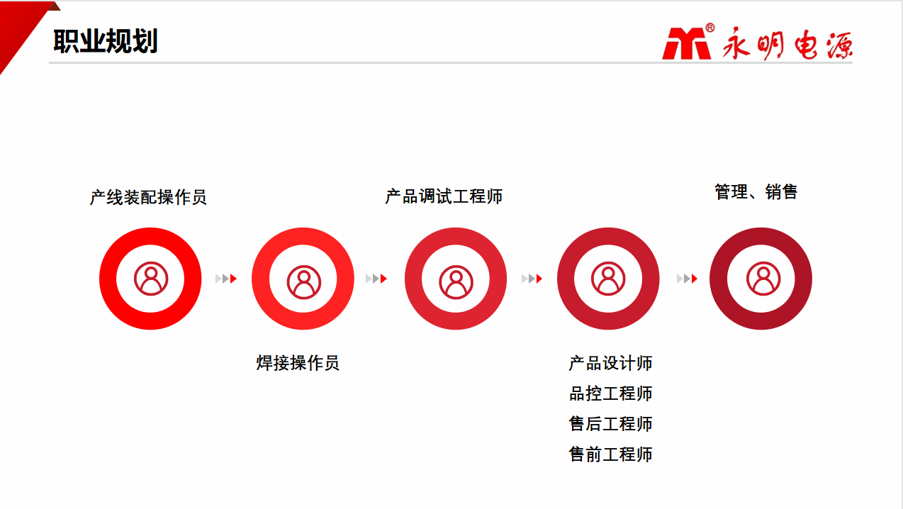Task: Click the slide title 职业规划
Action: [105, 41]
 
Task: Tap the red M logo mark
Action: [686, 43]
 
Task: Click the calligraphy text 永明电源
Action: [787, 43]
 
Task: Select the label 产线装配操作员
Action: [148, 198]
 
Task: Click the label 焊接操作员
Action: [298, 363]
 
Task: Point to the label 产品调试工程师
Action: [444, 196]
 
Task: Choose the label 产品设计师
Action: [610, 363]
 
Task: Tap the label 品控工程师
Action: [610, 393]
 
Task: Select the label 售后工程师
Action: [610, 424]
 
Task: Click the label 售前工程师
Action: [610, 454]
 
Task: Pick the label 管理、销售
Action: [756, 191]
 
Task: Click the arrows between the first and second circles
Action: [225, 279]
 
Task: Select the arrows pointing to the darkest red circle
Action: [687, 279]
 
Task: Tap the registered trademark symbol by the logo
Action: [710, 28]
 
